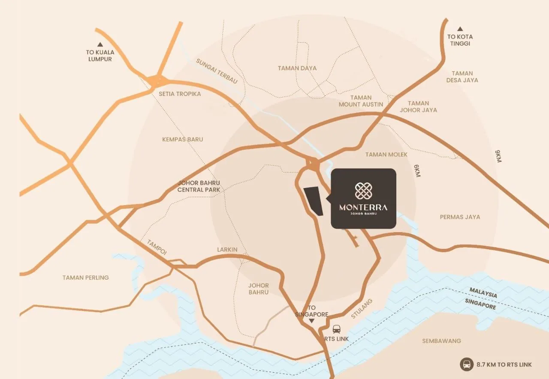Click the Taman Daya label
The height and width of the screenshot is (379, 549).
click(297, 68)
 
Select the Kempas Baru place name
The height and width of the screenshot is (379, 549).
click(183, 139)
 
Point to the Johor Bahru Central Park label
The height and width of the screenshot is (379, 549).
click(199, 186)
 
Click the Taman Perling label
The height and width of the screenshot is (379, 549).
click(86, 278)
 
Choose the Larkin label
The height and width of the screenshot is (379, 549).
click(227, 250)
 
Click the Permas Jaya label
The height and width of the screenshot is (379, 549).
click(460, 217)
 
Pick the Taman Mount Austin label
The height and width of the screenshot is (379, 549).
click(361, 101)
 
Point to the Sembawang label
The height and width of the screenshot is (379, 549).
click(441, 341)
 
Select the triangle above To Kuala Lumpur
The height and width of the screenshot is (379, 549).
click(100, 44)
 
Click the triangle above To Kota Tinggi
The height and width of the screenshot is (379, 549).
click(460, 29)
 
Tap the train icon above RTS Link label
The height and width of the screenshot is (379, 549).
click(337, 329)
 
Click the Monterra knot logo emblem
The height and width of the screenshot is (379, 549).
click(363, 191)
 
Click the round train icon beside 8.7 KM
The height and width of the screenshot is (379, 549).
click(466, 364)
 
